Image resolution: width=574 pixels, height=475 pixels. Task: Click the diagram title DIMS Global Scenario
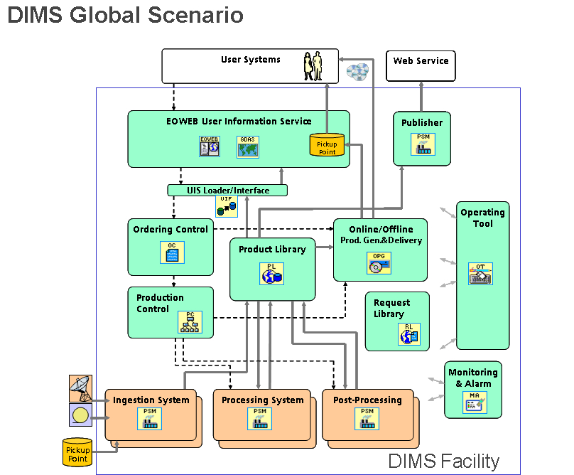[125, 16]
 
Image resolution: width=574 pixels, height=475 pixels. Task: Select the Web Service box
[421, 65]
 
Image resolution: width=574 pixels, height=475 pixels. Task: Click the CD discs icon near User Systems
[357, 71]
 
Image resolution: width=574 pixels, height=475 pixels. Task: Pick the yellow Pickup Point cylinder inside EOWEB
[327, 145]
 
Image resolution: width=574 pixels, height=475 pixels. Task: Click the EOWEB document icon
[210, 146]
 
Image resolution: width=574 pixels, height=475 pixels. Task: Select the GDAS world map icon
[248, 146]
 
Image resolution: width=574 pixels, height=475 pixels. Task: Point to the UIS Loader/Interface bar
[228, 191]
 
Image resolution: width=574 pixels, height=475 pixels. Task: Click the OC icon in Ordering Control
[172, 252]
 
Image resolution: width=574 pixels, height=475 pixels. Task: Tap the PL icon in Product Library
[272, 273]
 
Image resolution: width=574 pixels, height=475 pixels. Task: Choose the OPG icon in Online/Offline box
[379, 263]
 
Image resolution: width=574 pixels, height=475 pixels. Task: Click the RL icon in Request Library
[408, 334]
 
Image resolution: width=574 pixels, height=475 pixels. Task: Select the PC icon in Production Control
[190, 322]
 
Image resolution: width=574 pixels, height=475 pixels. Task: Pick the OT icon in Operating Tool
[480, 274]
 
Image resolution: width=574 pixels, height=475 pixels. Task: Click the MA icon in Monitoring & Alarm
[474, 403]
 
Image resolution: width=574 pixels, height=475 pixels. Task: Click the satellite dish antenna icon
[80, 388]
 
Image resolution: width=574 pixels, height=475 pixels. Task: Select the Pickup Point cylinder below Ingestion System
[77, 452]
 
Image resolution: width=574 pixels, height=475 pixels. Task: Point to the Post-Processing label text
[367, 400]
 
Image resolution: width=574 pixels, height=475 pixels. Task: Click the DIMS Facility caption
[443, 461]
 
